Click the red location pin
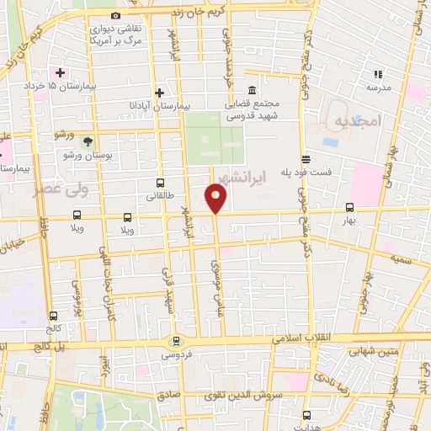click(215, 198)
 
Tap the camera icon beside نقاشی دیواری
click(115, 16)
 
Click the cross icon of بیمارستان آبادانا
click(159, 92)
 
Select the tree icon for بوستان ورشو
click(88, 140)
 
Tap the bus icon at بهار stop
click(349, 207)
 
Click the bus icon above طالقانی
click(160, 183)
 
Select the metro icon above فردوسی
click(175, 341)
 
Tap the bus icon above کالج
click(53, 317)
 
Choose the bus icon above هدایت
click(306, 414)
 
